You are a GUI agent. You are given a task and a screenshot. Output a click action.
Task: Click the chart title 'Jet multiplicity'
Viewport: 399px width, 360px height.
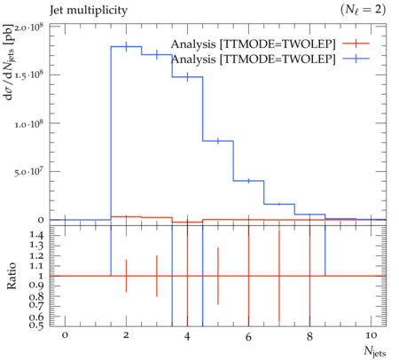[89, 11]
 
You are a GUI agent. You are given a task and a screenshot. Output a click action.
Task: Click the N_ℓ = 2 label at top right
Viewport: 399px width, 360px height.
[363, 10]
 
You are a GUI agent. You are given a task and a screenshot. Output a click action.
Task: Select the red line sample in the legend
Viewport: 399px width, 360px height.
[356, 43]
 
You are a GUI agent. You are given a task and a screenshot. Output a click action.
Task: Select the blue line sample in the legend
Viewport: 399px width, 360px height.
[356, 59]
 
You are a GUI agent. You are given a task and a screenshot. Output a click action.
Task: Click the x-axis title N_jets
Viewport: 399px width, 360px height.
[375, 351]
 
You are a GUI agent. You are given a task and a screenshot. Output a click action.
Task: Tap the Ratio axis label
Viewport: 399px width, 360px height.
[12, 276]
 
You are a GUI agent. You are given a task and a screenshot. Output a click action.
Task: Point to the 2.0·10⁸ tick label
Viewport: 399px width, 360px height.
[29, 27]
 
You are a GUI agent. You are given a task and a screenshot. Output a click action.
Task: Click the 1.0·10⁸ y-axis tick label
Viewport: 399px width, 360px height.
[29, 123]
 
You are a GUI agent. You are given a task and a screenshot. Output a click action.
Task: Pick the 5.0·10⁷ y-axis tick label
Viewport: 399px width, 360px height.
[29, 172]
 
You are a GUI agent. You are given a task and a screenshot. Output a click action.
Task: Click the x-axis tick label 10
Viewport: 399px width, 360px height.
[371, 335]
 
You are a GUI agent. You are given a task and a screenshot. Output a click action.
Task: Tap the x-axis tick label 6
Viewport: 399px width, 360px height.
[248, 336]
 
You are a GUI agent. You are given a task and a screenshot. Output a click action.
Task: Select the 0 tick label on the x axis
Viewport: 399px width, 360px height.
[65, 335]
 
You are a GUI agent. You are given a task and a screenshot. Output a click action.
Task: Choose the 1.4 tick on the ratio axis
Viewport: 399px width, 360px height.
[36, 235]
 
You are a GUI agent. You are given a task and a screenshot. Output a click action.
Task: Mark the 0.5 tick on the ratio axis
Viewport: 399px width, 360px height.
[36, 325]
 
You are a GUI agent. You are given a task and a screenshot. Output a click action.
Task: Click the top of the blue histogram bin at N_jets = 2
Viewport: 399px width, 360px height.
[126, 46]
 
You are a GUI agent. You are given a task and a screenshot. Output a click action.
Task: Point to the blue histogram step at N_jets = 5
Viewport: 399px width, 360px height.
[218, 141]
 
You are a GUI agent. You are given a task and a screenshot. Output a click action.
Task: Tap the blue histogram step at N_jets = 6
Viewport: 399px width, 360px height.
[248, 181]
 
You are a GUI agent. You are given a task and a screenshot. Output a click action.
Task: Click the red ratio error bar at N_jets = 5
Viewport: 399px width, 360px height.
[218, 276]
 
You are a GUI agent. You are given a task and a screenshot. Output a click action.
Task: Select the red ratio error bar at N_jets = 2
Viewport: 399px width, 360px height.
[126, 276]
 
